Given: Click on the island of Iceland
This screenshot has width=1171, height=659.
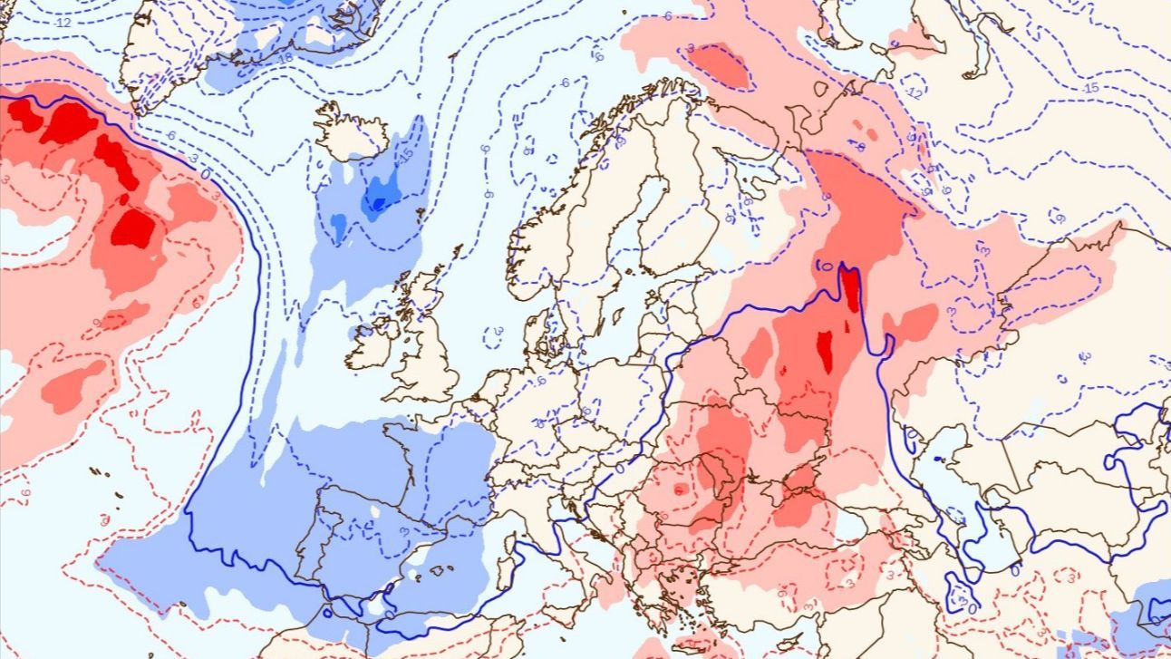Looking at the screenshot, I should coord(352,134).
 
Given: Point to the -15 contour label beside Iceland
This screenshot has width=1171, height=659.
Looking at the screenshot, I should coord(405,154).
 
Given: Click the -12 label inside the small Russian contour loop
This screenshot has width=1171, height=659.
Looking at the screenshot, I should coord(915,93).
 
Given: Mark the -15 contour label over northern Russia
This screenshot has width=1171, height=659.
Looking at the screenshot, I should coord(1090,88).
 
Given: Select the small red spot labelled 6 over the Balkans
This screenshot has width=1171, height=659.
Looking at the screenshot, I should coord(679,489).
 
